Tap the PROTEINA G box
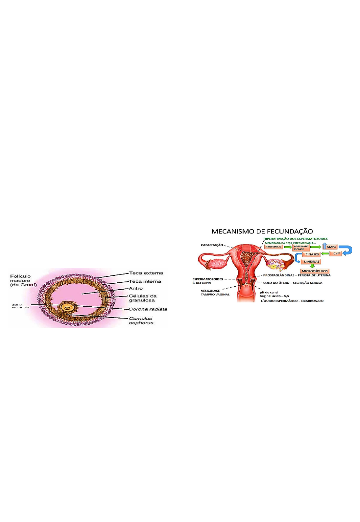pyautogui.click(x=274, y=247)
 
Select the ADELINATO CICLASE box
pyautogui.click(x=301, y=248)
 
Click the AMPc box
pyautogui.click(x=331, y=247)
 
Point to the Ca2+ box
pyautogui.click(x=336, y=253)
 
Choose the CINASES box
pyautogui.click(x=312, y=254)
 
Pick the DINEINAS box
pyautogui.click(x=311, y=262)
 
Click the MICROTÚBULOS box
pyautogui.click(x=315, y=271)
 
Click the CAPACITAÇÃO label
pyautogui.click(x=212, y=245)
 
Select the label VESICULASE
pyautogui.click(x=210, y=291)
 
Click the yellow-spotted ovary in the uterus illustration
pyautogui.click(x=275, y=264)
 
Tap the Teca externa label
pyautogui.click(x=146, y=273)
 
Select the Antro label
pyautogui.click(x=136, y=289)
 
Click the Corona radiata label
pyautogui.click(x=148, y=309)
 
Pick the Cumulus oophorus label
pyautogui.click(x=141, y=320)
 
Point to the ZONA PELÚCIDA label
pyautogui.click(x=21, y=306)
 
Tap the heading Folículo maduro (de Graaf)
pyautogui.click(x=23, y=281)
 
